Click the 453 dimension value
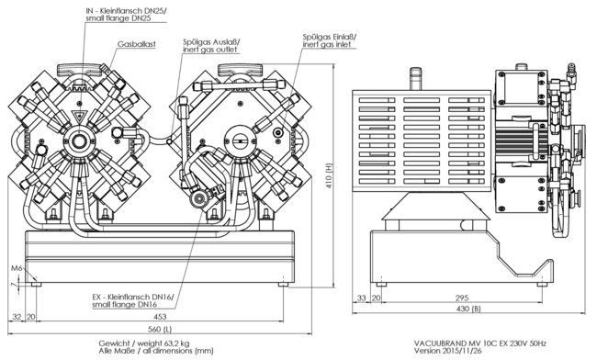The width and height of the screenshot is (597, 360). (x=161, y=317)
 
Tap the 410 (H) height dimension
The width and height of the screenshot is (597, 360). (x=330, y=175)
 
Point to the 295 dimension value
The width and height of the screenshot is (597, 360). (x=461, y=298)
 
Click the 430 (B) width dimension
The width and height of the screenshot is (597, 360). (x=468, y=309)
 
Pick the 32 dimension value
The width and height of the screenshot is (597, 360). (x=17, y=317)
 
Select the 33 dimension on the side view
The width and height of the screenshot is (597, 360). (x=361, y=298)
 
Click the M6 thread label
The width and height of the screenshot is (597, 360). (x=17, y=268)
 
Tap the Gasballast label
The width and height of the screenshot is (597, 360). (x=136, y=44)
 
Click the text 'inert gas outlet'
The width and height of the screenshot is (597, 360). (x=209, y=50)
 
